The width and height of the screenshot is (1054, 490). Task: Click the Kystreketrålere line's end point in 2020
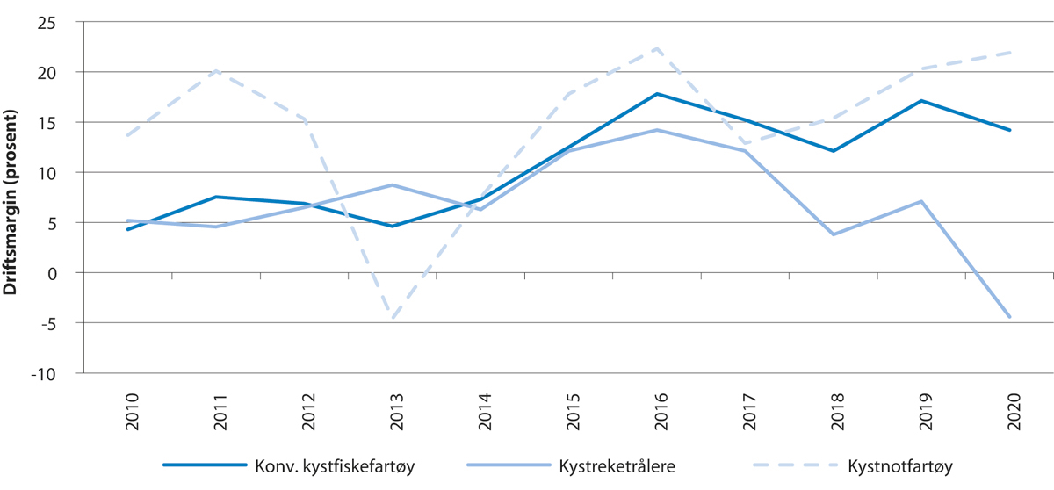(x=1010, y=317)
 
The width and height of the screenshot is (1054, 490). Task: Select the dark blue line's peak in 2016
(x=657, y=94)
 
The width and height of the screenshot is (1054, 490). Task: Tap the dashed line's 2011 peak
(x=216, y=70)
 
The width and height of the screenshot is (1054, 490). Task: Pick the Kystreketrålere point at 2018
(x=834, y=234)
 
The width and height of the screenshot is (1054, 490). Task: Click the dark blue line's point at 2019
(x=921, y=100)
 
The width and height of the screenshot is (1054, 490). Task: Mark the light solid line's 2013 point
(x=393, y=185)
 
